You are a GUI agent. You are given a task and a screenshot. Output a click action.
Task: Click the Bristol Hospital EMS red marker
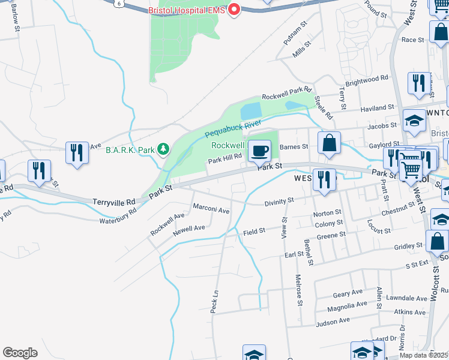tap(234, 10)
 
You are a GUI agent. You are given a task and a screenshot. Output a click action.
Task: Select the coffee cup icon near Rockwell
tap(259, 151)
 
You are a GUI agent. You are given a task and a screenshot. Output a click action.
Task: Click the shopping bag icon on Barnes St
tap(329, 143)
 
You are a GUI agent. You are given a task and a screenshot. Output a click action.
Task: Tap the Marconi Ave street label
tap(211, 211)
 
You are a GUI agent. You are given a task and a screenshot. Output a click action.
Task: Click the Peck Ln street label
tap(214, 302)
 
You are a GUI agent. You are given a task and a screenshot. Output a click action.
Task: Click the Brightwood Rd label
tap(366, 79)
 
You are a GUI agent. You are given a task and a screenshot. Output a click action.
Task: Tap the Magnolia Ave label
tap(347, 307)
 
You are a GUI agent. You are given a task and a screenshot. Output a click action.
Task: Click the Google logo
tap(20, 353)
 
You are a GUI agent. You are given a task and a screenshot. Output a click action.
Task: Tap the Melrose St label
tap(298, 286)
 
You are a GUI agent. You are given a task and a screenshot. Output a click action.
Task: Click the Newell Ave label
tap(189, 229)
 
